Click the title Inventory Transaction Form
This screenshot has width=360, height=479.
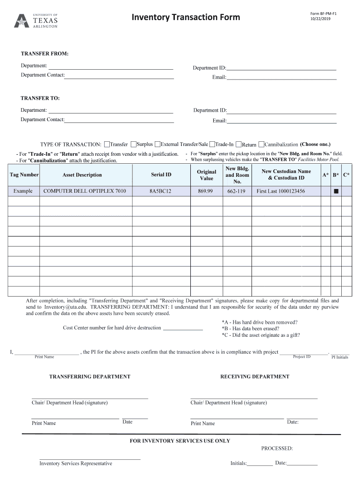pyautogui.click(x=186, y=18)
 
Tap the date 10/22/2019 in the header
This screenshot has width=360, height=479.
pyautogui.click(x=320, y=19)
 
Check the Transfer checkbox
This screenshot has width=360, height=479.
pyautogui.click(x=107, y=144)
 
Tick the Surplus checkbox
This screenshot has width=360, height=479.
pyautogui.click(x=134, y=144)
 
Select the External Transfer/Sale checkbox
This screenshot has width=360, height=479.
pyautogui.click(x=158, y=144)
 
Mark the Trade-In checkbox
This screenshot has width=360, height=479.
pyautogui.click(x=212, y=144)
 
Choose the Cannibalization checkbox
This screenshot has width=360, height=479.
pyautogui.click(x=261, y=144)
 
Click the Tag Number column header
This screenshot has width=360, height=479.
pyautogui.click(x=24, y=175)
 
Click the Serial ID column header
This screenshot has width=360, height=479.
pyautogui.click(x=161, y=175)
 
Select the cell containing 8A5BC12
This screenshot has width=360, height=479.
pyautogui.click(x=161, y=191)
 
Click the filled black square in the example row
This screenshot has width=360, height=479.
pyautogui.click(x=335, y=192)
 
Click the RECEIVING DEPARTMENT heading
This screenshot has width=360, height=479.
pyautogui.click(x=255, y=377)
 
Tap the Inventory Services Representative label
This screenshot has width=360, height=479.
pyautogui.click(x=76, y=464)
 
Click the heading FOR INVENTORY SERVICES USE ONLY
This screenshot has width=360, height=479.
pyautogui.click(x=180, y=441)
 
